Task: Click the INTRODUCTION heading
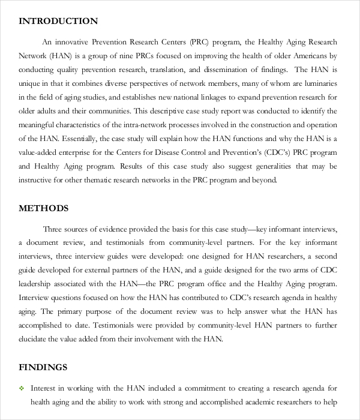(58, 21)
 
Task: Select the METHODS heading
(44, 209)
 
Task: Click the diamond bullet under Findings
(22, 388)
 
